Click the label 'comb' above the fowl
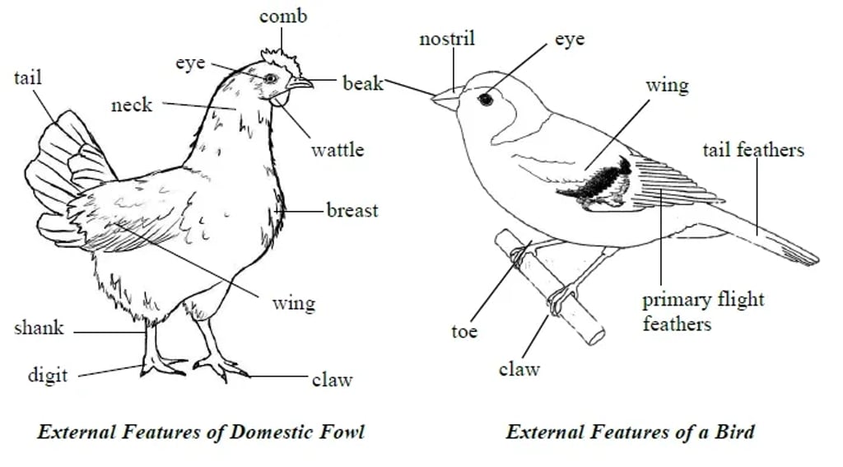tap(283, 16)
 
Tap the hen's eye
tap(270, 77)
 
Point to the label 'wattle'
tap(337, 150)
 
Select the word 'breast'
tap(352, 210)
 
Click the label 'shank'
tap(39, 329)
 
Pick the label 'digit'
tap(48, 376)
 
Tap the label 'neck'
tap(132, 105)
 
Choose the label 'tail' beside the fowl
tap(27, 78)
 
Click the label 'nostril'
tap(447, 39)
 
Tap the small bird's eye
tap(486, 99)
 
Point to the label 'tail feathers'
tap(753, 150)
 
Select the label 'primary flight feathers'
tap(703, 311)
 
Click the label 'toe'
tap(464, 331)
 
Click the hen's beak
tap(300, 82)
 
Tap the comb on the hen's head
tap(278, 60)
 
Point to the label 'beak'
tap(363, 83)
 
